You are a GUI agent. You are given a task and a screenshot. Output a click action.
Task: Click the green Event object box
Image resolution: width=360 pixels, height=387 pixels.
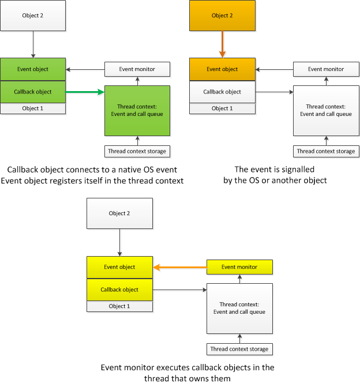coord(33,69)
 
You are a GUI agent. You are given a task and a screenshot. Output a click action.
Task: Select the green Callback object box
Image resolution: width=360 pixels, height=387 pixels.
coord(33,92)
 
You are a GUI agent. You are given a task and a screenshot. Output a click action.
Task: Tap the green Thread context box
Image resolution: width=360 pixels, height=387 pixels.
coord(137,111)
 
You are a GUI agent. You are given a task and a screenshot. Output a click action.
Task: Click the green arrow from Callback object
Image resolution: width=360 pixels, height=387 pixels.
coord(85,92)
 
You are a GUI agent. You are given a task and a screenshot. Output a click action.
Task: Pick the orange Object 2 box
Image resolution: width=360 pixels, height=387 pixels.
coord(222,16)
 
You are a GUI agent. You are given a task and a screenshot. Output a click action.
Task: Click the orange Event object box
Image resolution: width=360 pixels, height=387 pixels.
coord(222,69)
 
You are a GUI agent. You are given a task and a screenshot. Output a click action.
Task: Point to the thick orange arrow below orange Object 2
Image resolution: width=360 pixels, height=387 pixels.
coord(222,44)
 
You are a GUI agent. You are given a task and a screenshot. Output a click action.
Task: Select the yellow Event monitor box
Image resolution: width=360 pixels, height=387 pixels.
coord(239,267)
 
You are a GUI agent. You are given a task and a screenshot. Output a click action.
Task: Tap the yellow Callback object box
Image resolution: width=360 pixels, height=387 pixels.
coord(119,290)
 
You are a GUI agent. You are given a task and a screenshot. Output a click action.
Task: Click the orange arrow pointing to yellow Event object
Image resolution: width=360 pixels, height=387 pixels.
coord(180,267)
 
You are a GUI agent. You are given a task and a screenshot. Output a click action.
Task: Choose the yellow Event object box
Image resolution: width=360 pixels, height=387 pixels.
coord(119,267)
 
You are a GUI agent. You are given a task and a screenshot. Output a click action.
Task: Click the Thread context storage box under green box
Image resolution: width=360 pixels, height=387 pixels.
coord(137,151)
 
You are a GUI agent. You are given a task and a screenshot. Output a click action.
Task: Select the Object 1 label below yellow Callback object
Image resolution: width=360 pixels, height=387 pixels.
coord(119,306)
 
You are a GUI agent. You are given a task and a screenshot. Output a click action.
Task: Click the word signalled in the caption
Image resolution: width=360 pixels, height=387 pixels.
coord(298,170)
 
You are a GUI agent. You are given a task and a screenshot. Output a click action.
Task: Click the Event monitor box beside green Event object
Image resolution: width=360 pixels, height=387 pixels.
coord(137,69)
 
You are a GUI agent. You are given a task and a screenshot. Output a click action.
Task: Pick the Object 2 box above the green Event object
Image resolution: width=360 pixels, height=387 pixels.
coord(33,16)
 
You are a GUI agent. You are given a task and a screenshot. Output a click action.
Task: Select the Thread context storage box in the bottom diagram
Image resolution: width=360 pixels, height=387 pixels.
coord(239,350)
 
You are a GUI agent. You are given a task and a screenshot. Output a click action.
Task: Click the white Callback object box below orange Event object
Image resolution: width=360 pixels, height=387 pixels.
coord(222,92)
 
